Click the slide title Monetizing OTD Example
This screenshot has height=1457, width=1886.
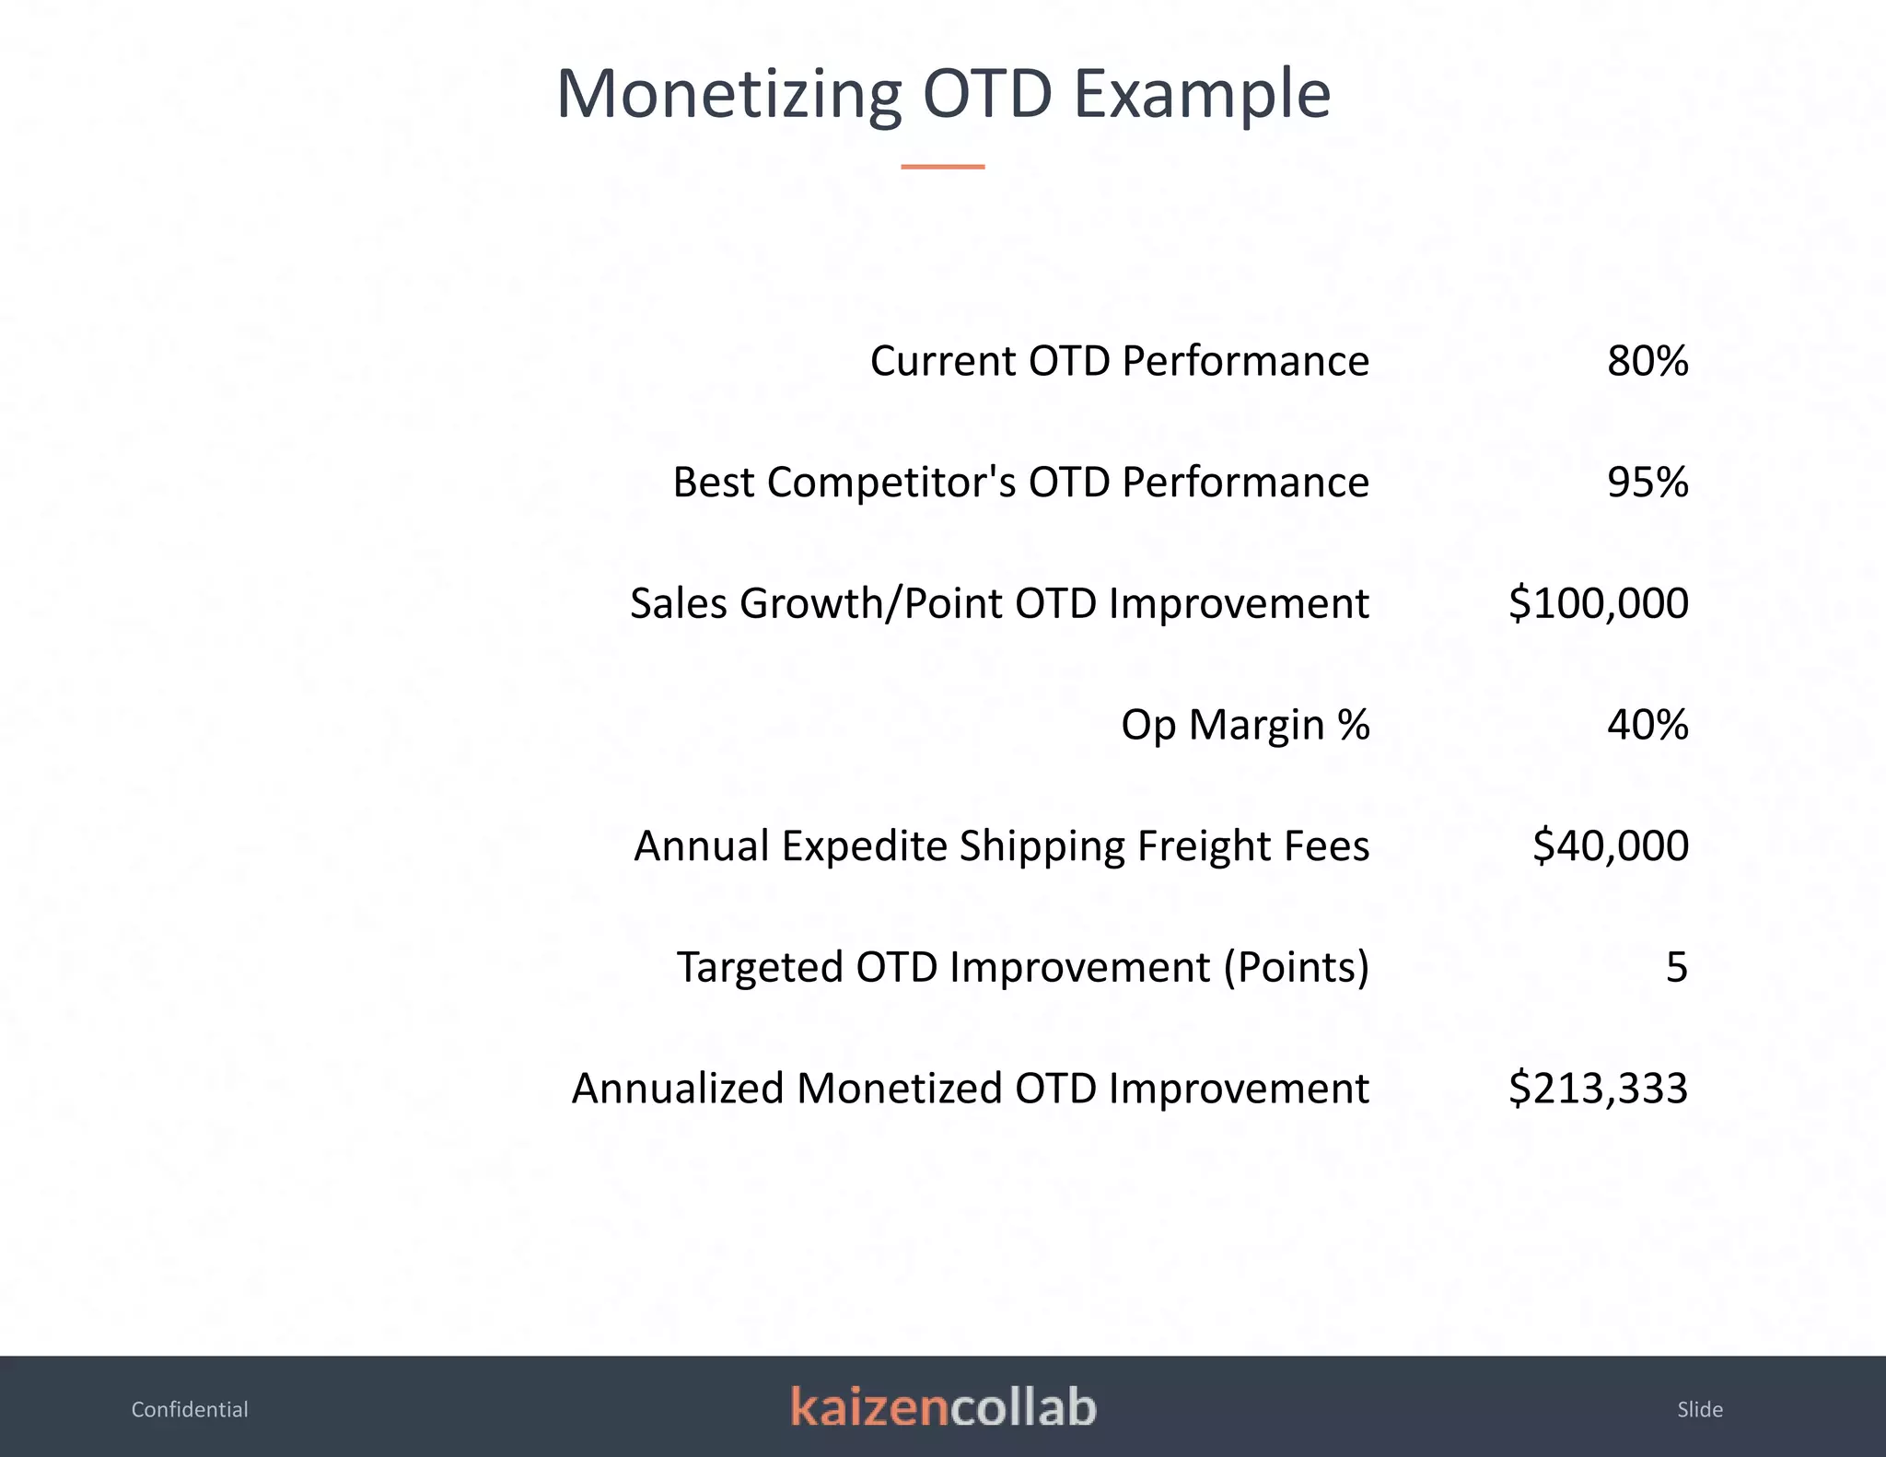click(x=943, y=94)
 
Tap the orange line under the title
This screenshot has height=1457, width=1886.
click(x=942, y=167)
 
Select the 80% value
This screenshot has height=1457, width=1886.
click(x=1647, y=361)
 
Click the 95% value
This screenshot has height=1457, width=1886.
click(x=1647, y=483)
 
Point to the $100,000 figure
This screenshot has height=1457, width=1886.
click(x=1598, y=604)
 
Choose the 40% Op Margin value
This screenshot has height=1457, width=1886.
click(x=1647, y=725)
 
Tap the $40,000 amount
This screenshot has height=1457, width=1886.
click(x=1610, y=845)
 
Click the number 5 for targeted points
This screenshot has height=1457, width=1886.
click(x=1676, y=967)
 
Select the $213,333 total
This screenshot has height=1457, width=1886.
click(x=1598, y=1089)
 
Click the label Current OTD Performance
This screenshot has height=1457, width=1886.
click(x=1119, y=361)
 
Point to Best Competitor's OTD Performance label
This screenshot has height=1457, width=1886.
click(x=1020, y=483)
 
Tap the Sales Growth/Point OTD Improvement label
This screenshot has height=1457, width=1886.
click(x=999, y=604)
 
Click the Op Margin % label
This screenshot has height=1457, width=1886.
click(x=1245, y=725)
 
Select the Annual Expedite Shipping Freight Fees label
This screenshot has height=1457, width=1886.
click(x=1001, y=845)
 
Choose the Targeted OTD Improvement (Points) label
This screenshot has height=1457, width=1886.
click(x=1022, y=967)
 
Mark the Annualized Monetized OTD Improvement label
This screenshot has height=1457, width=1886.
click(x=970, y=1089)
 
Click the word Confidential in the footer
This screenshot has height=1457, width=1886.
click(x=190, y=1409)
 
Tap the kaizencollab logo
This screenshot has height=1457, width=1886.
click(x=943, y=1407)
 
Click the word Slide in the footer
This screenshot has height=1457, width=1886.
click(x=1699, y=1409)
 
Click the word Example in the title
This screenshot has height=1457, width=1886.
click(x=1202, y=96)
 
